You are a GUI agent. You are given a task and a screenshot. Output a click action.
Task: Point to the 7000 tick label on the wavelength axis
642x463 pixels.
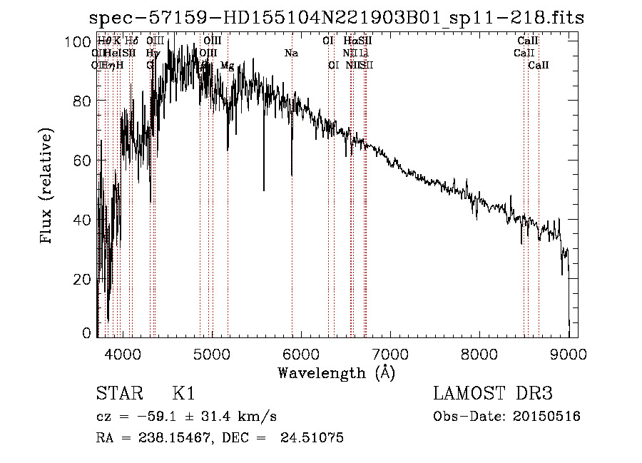coord(389,353)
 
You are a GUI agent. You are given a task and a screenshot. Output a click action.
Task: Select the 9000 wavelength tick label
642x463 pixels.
coord(568,353)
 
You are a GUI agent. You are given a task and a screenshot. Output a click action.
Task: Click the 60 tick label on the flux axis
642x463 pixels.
coord(84,161)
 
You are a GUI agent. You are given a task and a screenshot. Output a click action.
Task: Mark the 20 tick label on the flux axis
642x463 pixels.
coord(84,279)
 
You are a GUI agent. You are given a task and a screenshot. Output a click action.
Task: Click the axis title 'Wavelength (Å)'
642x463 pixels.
coord(336,372)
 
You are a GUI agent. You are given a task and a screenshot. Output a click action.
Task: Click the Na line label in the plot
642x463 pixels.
coord(291,53)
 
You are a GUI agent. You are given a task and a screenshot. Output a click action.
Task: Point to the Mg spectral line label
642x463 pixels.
coord(227,66)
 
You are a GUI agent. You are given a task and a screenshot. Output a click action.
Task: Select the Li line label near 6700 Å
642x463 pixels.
coord(364,53)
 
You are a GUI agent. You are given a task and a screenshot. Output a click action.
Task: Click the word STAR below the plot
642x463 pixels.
coord(118,394)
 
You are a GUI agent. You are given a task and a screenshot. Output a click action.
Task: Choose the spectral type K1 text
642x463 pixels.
coord(183,394)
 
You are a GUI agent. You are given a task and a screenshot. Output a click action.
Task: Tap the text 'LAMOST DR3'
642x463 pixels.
coord(493,394)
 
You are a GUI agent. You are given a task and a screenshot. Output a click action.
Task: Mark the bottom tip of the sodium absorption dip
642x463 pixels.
coord(291,175)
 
